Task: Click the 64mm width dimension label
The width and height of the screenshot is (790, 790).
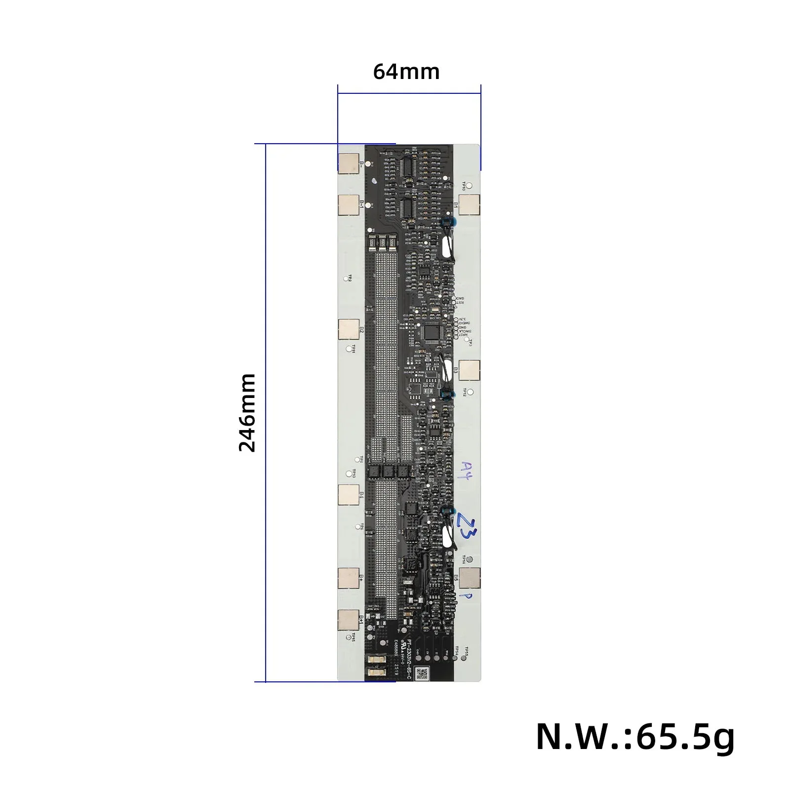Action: (x=406, y=72)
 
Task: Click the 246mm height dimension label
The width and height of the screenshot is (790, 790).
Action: (x=247, y=413)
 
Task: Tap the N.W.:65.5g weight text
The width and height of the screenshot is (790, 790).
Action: (x=635, y=737)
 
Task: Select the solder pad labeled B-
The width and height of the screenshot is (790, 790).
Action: (x=348, y=163)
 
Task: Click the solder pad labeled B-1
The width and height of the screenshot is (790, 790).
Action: (x=348, y=205)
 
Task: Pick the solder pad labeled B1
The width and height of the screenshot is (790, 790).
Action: (x=469, y=204)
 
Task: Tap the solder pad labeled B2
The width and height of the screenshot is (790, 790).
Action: (x=349, y=329)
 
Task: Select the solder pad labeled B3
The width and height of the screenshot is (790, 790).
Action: (x=469, y=370)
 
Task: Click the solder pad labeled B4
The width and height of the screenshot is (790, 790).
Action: (x=349, y=495)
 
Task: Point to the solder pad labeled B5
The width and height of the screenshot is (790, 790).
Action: (x=469, y=578)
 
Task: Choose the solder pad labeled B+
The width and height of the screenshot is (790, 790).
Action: (x=349, y=578)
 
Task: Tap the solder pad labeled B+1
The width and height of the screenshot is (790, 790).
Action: (x=349, y=620)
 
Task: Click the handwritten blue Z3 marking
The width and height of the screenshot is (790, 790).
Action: (x=466, y=525)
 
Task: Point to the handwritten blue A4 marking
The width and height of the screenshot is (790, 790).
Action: (x=466, y=470)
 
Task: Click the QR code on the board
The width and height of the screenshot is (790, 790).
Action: (x=421, y=673)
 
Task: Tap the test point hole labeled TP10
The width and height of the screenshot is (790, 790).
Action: (x=470, y=186)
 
